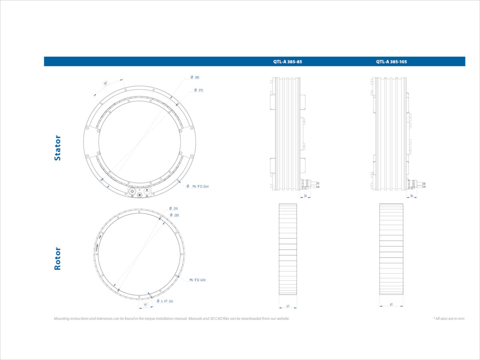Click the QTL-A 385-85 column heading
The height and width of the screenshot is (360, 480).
tap(287, 62)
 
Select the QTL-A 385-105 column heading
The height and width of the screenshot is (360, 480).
tap(391, 62)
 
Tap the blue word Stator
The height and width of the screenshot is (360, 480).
tap(58, 148)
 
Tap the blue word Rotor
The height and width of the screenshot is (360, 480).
tap(58, 258)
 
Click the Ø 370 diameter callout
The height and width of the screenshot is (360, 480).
tap(198, 90)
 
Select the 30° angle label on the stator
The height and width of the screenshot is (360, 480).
tap(106, 84)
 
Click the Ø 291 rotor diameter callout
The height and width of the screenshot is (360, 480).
tap(174, 209)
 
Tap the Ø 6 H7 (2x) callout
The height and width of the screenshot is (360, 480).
tap(165, 301)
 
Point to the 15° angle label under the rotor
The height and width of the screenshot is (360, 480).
tap(146, 305)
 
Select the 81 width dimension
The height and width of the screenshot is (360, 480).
tap(391, 305)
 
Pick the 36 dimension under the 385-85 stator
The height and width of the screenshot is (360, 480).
tap(305, 196)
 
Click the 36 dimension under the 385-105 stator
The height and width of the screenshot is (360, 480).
tap(412, 196)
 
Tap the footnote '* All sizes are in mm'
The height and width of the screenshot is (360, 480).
tap(448, 319)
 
